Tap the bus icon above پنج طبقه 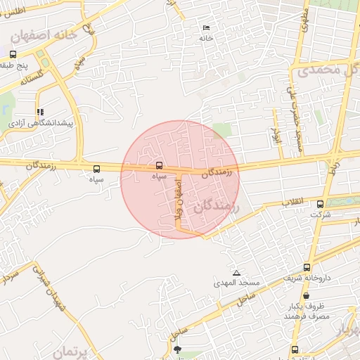(x=13, y=54)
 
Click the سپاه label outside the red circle (x=96, y=180)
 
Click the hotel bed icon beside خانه (x=206, y=27)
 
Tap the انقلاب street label (x=293, y=202)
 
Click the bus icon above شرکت (x=321, y=204)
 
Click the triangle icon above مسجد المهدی (x=236, y=272)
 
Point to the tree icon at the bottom (x=176, y=349)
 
